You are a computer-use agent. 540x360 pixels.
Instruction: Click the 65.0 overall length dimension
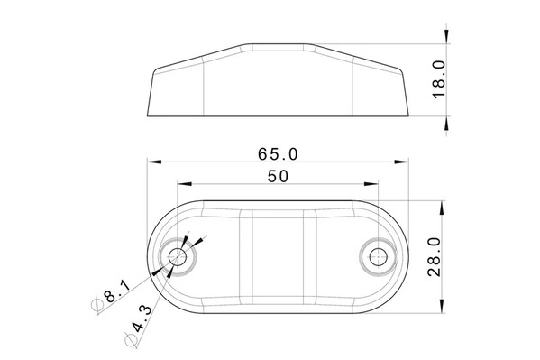pyautogui.click(x=278, y=154)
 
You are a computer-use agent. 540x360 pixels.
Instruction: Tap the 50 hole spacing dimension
pyautogui.click(x=278, y=176)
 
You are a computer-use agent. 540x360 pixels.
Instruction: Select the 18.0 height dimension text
pyautogui.click(x=439, y=79)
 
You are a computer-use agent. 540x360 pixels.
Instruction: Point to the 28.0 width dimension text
pyautogui.click(x=434, y=256)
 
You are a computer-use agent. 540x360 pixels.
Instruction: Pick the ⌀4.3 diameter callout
pyautogui.click(x=138, y=325)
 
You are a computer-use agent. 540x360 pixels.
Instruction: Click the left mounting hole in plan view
pyautogui.click(x=178, y=256)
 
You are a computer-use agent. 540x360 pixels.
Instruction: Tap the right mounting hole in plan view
pyautogui.click(x=378, y=256)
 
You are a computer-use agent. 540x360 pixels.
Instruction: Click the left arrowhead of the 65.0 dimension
pyautogui.click(x=154, y=162)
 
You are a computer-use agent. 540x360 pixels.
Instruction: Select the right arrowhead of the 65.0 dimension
pyautogui.click(x=401, y=162)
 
